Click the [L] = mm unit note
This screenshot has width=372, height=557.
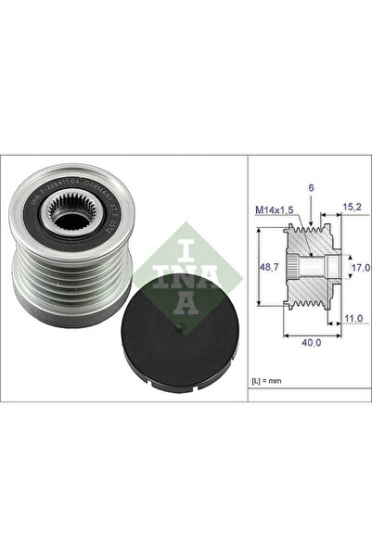(267, 381)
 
